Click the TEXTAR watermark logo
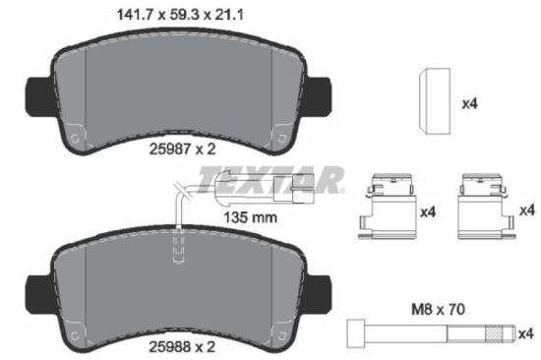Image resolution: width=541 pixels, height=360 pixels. (272, 178)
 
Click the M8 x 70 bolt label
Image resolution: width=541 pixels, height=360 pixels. (436, 308)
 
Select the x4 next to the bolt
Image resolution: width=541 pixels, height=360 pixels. (526, 333)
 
